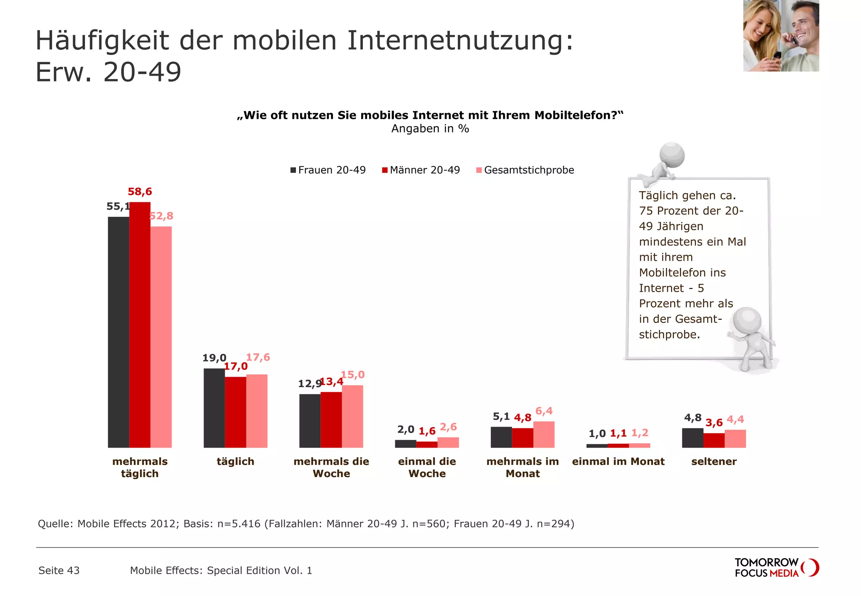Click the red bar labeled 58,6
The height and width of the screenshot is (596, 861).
click(140, 324)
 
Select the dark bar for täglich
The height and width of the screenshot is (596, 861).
click(214, 408)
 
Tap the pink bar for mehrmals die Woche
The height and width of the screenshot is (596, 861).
click(352, 416)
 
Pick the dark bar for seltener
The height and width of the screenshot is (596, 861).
click(692, 438)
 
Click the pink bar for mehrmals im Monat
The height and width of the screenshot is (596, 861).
click(544, 434)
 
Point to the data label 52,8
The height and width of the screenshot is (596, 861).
click(161, 216)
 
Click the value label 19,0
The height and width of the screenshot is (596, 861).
click(214, 358)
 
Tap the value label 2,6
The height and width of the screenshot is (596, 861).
click(448, 427)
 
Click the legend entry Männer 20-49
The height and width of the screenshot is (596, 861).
click(421, 170)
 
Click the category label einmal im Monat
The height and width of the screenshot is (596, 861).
click(618, 462)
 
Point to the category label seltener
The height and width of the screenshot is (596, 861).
click(714, 462)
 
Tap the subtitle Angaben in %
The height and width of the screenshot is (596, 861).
click(430, 129)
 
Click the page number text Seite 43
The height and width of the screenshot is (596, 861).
click(59, 570)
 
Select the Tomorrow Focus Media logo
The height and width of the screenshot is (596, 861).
click(776, 568)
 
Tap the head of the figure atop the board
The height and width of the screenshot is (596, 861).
click(672, 155)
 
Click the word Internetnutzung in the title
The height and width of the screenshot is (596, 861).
click(460, 41)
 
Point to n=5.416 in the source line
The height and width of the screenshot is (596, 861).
click(239, 524)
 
